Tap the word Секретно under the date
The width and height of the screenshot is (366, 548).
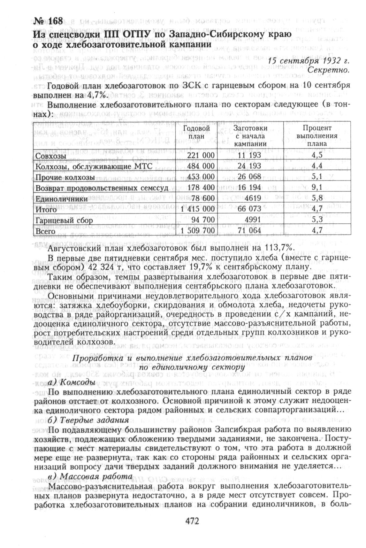point(330,69)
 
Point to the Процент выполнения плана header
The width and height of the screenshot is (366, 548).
point(317,136)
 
